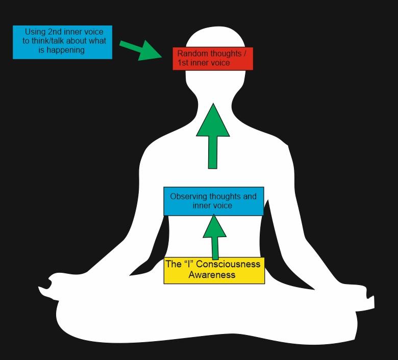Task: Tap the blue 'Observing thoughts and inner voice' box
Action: tap(213, 201)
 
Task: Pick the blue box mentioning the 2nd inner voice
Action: tap(62, 41)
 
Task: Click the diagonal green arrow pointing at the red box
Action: tap(140, 50)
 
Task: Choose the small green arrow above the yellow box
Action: tap(214, 237)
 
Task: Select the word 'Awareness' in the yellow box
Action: tap(212, 275)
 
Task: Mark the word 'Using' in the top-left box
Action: tap(35, 32)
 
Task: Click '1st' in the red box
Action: tap(183, 63)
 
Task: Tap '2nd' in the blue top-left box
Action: tap(56, 32)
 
